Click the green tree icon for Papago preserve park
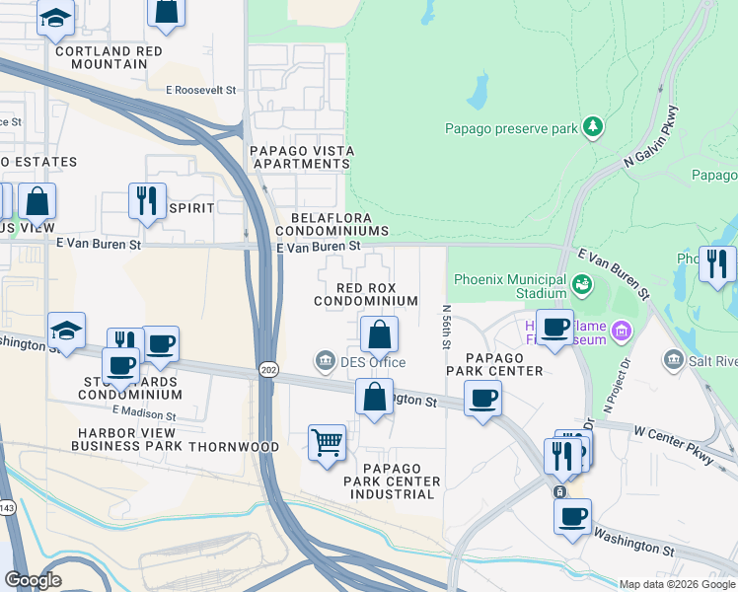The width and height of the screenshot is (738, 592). pos(592,126)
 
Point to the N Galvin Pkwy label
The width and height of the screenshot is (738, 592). pos(651,141)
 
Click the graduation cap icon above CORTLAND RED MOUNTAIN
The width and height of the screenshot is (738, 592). pos(55,18)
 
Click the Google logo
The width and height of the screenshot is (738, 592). pos(33,580)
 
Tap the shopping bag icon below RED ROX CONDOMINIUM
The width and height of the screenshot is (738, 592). pos(379,334)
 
